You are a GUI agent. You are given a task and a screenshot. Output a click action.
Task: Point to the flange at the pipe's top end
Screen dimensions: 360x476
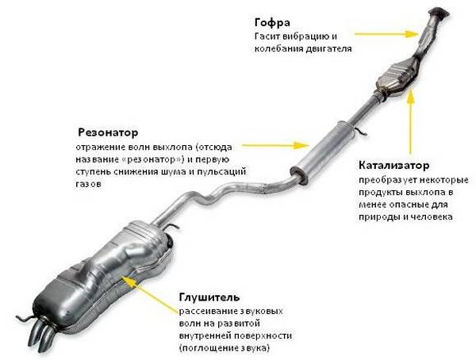pos(436,14)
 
